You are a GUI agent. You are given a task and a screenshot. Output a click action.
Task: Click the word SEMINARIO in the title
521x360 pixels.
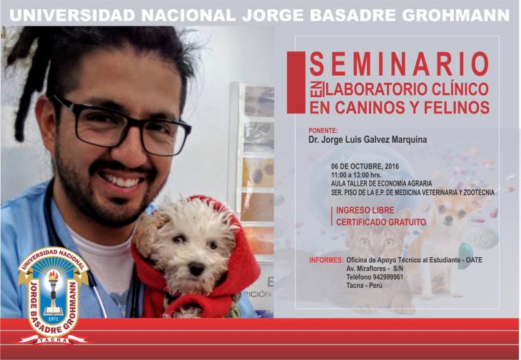399,64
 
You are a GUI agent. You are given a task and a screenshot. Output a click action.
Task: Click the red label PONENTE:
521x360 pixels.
323,130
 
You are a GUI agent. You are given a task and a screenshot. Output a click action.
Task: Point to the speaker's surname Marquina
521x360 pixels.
410,139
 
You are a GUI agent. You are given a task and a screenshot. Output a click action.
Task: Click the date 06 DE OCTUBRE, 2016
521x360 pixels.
365,166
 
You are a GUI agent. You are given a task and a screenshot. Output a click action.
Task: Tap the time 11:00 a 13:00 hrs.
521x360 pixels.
356,175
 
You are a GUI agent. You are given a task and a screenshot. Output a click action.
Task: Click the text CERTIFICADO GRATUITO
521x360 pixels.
381,222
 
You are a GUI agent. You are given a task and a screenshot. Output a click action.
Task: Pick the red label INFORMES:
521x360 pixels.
326,260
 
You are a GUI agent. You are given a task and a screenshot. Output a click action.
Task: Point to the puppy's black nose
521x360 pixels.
196,269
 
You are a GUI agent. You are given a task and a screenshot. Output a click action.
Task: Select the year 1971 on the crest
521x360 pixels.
53,318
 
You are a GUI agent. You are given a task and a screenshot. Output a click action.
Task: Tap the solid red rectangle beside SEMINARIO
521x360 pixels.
295,82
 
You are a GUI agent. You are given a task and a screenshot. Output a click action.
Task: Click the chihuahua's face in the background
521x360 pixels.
450,212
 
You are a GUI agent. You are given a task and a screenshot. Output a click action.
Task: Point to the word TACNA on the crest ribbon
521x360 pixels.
53,340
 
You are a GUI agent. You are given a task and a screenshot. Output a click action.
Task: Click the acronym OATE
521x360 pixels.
474,260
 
